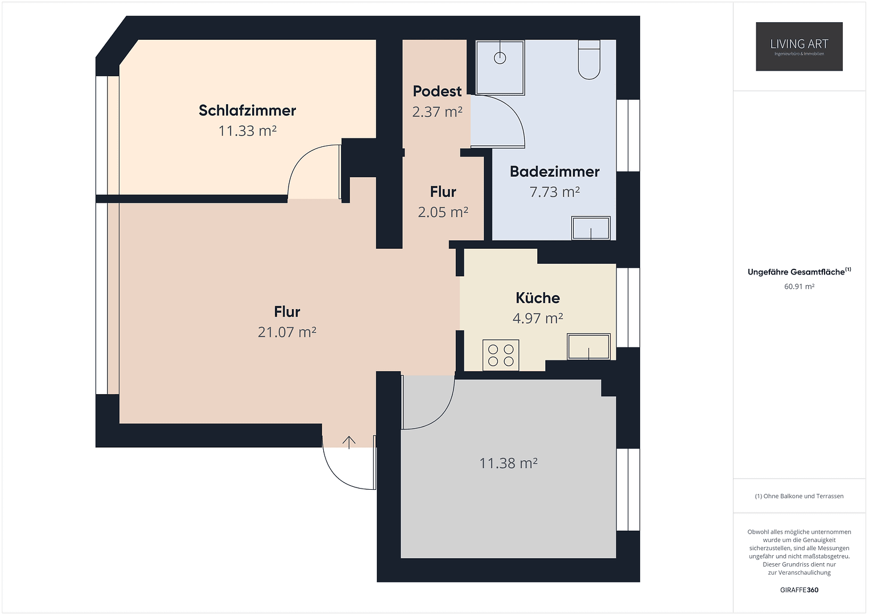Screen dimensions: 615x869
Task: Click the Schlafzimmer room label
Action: pos(247,110)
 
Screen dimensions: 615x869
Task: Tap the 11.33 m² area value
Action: pos(247,131)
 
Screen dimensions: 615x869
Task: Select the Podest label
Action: pos(437,91)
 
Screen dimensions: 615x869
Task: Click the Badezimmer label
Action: pos(554,171)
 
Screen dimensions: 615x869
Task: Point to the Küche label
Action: pos(537,298)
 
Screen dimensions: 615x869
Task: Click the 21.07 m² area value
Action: pos(287,332)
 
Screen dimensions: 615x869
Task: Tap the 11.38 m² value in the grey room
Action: pos(508,464)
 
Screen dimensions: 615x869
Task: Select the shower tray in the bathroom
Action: pos(500,67)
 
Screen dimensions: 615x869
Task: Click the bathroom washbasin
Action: pos(591,228)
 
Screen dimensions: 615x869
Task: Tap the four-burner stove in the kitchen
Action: pos(501,355)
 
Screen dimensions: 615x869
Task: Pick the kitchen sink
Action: pos(588,346)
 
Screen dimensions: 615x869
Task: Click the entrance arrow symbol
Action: pos(349,442)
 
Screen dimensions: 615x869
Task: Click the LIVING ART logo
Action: pos(799,47)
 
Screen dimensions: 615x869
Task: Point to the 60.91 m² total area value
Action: pos(799,286)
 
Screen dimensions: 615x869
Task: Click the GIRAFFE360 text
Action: pos(799,590)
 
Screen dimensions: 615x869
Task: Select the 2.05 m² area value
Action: pos(443,212)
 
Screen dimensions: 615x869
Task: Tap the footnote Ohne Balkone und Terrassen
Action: pos(799,496)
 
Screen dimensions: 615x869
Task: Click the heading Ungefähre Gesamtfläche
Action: pos(796,272)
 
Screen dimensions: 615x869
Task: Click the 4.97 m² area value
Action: pos(537,318)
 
